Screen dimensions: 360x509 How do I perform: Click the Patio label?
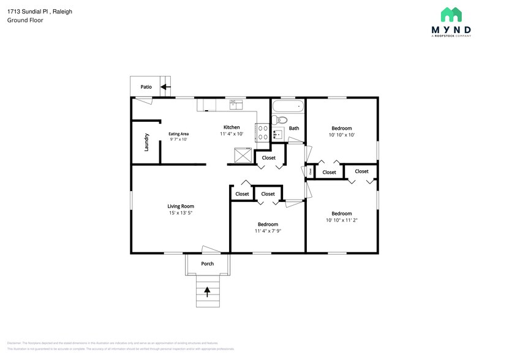(x=146, y=87)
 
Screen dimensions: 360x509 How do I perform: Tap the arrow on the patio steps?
(x=164, y=87)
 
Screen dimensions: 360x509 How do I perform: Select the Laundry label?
(x=146, y=142)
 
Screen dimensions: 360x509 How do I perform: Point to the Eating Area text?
(x=178, y=133)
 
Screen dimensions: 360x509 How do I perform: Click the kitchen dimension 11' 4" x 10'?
(x=232, y=133)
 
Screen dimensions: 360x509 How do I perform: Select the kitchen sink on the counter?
(x=235, y=105)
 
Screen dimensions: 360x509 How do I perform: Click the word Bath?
(x=294, y=128)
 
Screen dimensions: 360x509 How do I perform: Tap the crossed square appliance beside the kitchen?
(x=243, y=156)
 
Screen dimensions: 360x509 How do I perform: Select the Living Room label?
(x=181, y=206)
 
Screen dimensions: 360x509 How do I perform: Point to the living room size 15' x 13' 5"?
(x=181, y=213)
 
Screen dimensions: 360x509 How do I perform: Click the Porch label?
(x=208, y=264)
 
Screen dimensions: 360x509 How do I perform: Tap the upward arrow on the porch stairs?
(x=207, y=291)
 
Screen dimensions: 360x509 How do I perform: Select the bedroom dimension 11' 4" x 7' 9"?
(x=268, y=231)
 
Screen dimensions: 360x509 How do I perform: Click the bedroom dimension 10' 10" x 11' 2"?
(x=341, y=220)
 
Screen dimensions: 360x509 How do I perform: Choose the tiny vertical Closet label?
(x=310, y=172)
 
